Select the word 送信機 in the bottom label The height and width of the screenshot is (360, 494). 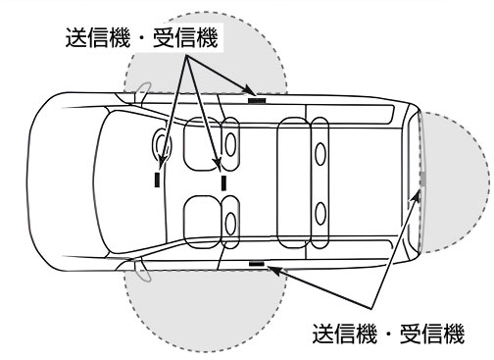(x=350, y=333)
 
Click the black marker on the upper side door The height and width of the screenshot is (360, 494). (x=258, y=98)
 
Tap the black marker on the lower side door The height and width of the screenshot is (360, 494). (x=258, y=263)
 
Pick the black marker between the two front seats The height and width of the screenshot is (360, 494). (x=223, y=181)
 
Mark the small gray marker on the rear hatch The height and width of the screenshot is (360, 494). (x=421, y=180)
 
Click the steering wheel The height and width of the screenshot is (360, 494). (x=164, y=145)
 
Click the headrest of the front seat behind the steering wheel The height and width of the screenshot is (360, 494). (x=231, y=140)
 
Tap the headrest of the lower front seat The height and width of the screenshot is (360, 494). (x=231, y=221)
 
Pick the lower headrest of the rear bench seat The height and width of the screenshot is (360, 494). (x=321, y=211)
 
